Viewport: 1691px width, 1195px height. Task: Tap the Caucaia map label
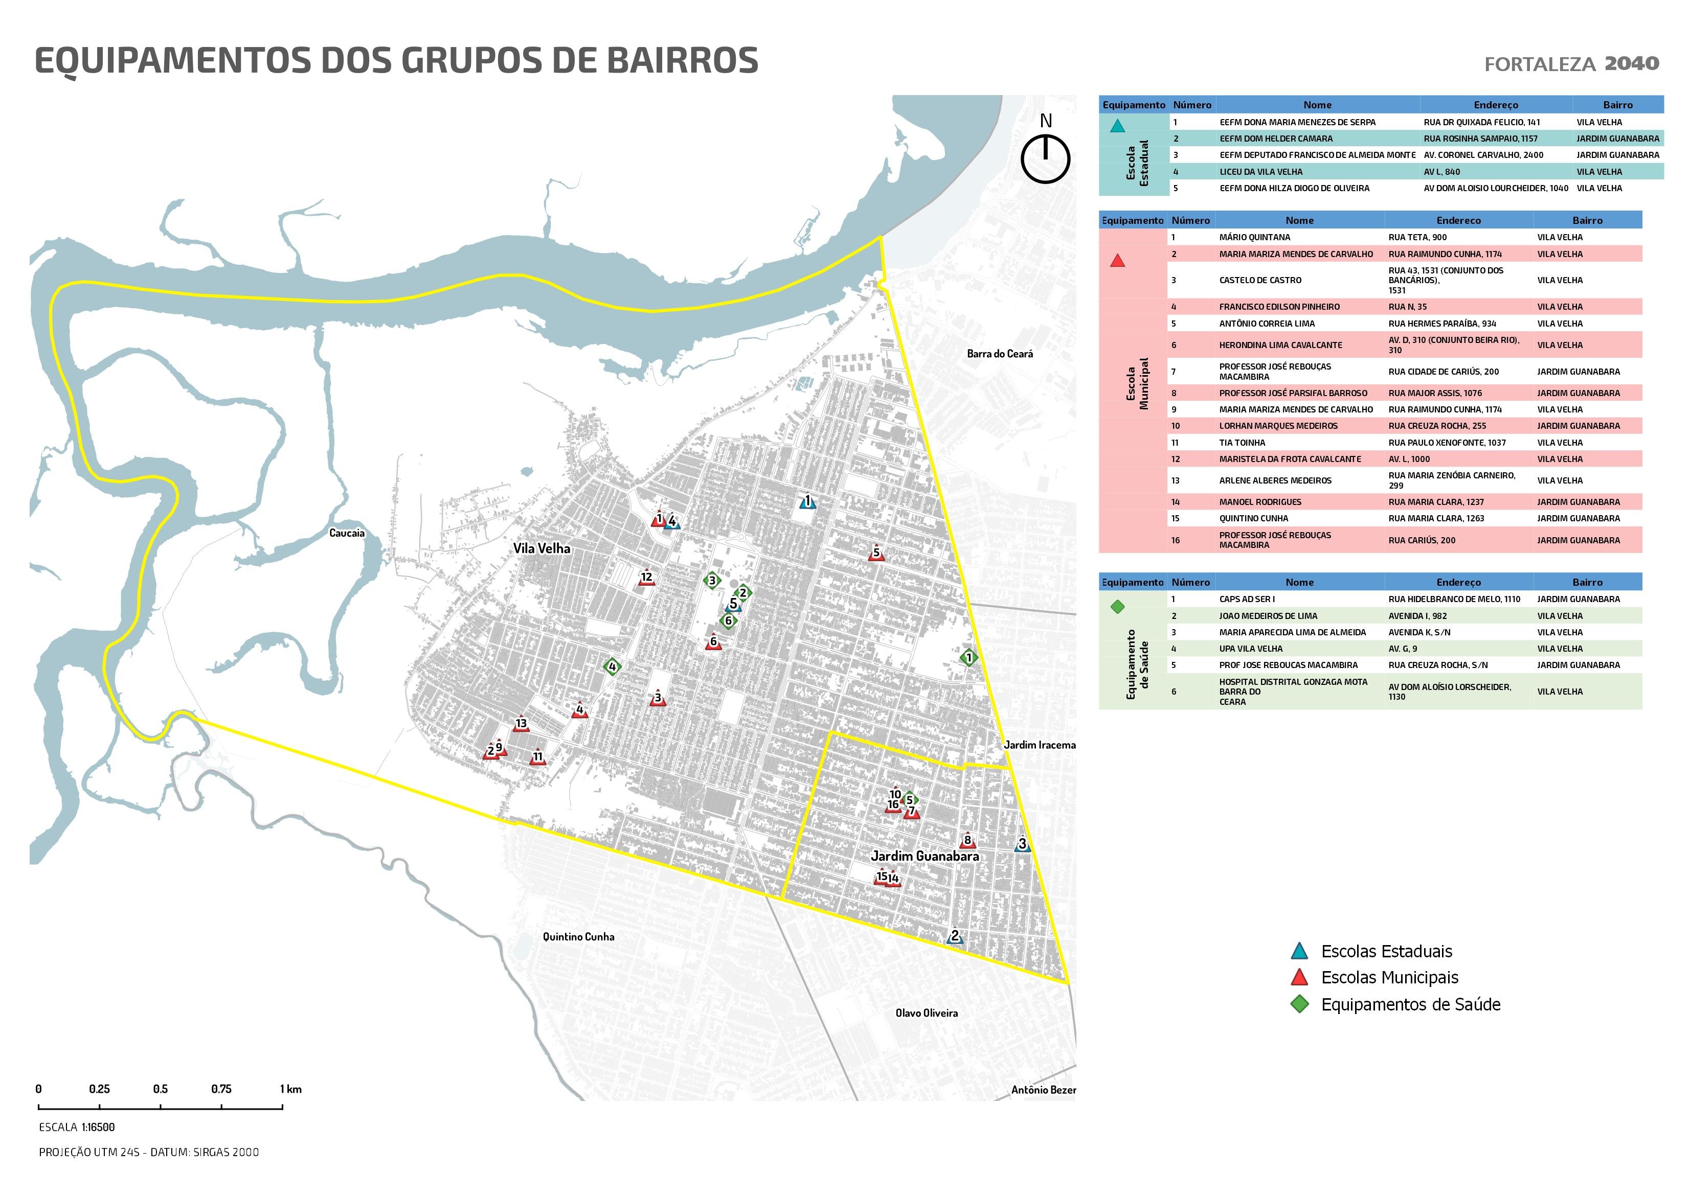click(x=346, y=533)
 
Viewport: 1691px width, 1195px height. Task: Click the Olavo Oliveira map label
click(x=927, y=1013)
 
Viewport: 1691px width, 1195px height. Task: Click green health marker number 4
click(x=611, y=667)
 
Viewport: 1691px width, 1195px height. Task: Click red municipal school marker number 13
click(x=521, y=724)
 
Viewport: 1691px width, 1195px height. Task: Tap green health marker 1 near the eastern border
click(x=968, y=657)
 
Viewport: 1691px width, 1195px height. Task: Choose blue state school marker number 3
click(x=1022, y=845)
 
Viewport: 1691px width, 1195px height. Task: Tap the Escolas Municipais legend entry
click(x=1389, y=978)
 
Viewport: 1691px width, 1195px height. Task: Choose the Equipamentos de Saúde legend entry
click(x=1410, y=1004)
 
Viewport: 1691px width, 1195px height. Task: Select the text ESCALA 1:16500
click(x=77, y=1127)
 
